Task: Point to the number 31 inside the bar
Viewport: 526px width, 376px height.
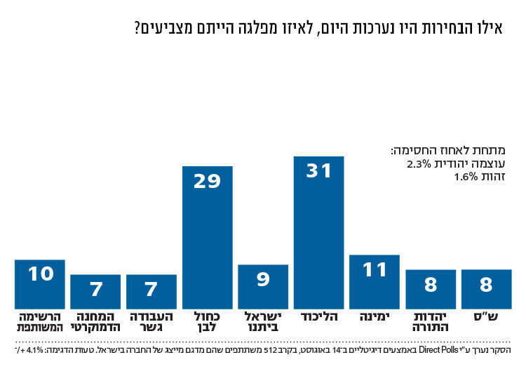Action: (318, 170)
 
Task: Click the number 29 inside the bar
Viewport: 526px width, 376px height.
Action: (207, 181)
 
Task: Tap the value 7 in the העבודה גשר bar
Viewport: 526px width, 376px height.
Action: (151, 290)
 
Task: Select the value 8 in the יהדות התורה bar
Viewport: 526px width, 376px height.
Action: (431, 285)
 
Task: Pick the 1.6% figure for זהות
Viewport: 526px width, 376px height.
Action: (464, 177)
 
